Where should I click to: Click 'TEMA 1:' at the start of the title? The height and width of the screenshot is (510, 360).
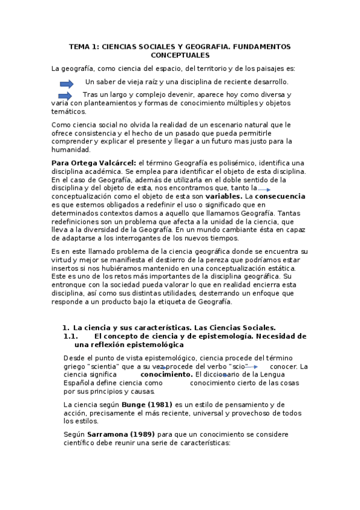coord(84,46)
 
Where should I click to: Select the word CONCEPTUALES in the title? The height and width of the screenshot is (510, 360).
coord(180,55)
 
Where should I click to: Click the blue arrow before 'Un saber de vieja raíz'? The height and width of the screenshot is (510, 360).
coord(67,83)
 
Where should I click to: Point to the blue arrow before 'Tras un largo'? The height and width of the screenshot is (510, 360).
coord(65,96)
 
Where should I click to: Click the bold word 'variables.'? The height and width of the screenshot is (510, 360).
coord(224,196)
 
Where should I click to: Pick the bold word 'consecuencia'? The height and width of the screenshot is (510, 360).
coord(280,196)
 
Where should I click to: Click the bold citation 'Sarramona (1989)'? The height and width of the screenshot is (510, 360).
coord(121,434)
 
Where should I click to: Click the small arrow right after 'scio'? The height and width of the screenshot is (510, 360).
coord(251,367)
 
